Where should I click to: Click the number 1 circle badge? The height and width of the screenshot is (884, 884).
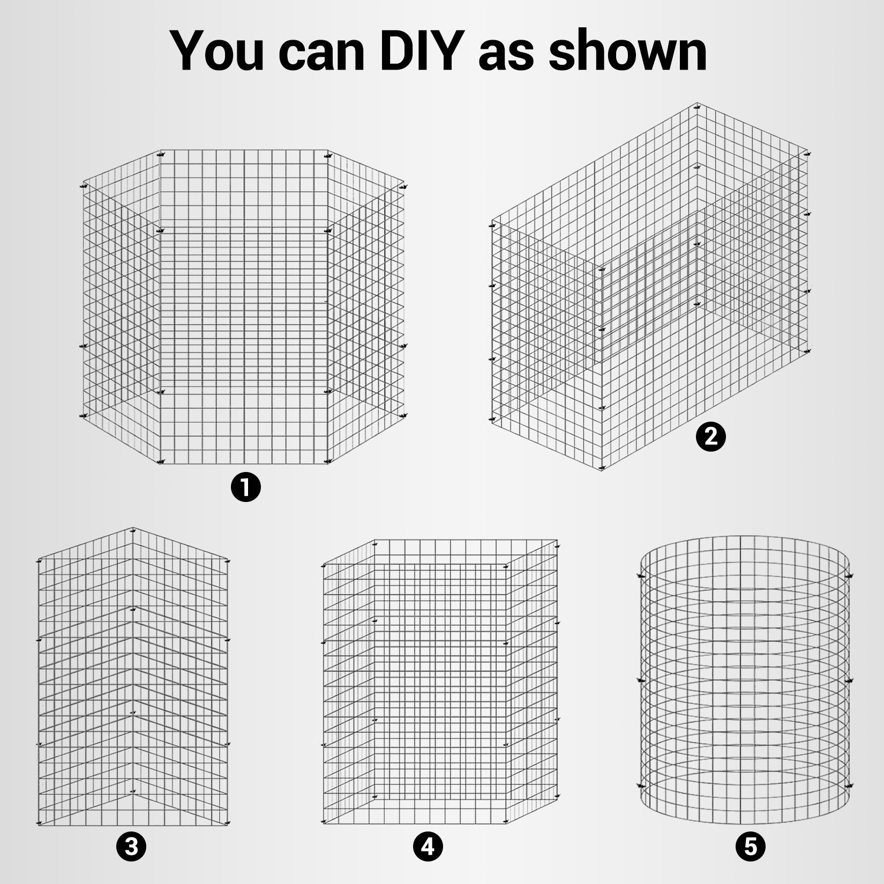245,488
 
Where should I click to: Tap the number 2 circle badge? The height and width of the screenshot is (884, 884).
710,437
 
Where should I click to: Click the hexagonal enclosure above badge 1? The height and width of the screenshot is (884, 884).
244,306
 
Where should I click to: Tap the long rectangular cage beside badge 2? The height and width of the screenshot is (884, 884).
649,287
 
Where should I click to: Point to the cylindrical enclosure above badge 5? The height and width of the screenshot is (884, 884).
745,680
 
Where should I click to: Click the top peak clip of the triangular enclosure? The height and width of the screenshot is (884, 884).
132,529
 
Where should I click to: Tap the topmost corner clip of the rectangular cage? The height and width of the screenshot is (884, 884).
698,105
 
